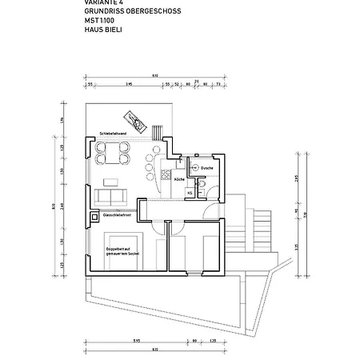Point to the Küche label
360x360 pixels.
pyautogui.click(x=179, y=180)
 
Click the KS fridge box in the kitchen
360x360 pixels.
pyautogui.click(x=190, y=192)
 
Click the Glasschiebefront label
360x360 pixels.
pyautogui.click(x=118, y=214)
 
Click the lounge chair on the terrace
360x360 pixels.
pyautogui.click(x=141, y=122)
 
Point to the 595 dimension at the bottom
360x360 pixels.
pyautogui.click(x=137, y=340)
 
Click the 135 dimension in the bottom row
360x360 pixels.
pyautogui.click(x=212, y=340)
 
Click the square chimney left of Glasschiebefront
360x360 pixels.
pyautogui.click(x=97, y=214)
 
